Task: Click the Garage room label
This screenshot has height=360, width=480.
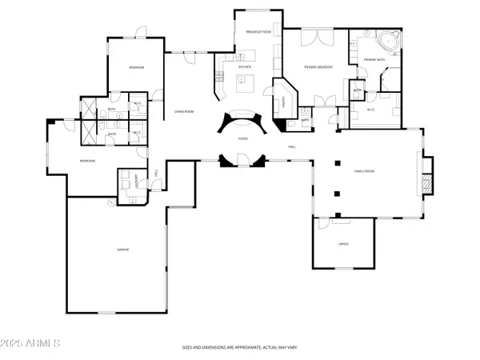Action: point(124,250)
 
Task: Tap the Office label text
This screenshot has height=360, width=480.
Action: point(343,243)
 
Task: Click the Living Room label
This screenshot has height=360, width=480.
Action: point(184,111)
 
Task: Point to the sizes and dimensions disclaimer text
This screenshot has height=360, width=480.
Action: point(239,348)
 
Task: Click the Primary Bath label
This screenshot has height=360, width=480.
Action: point(372,60)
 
